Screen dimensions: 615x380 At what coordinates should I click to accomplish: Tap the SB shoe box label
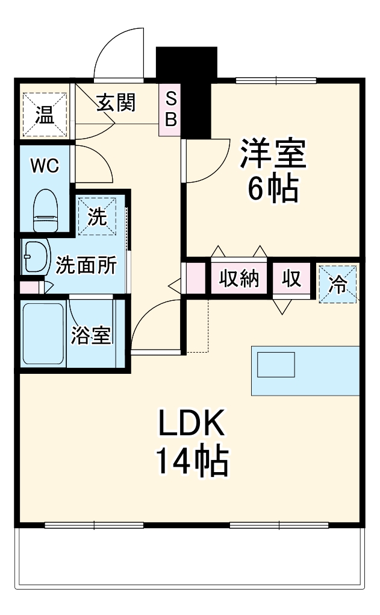tap(171, 109)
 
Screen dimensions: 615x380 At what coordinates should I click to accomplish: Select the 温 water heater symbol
tap(43, 115)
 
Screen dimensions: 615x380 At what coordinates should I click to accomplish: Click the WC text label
tap(45, 166)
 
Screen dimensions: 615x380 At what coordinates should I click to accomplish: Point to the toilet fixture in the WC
tap(45, 211)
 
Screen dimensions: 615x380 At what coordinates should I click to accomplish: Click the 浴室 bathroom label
tap(92, 336)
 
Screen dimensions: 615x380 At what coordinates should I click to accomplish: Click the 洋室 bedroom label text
tap(274, 155)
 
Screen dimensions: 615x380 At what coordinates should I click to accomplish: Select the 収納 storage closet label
tap(239, 279)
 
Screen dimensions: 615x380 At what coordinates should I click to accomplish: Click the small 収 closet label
tap(291, 279)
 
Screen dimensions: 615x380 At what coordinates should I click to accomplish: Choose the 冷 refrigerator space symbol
tap(338, 283)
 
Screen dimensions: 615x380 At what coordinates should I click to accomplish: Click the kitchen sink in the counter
tap(276, 364)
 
